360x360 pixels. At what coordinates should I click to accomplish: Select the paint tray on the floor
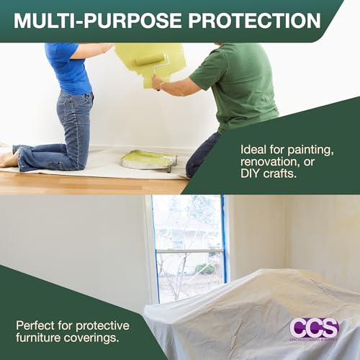click(148, 159)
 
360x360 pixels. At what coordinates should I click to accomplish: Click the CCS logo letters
click(313, 328)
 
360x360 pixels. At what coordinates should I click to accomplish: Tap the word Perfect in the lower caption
click(36, 324)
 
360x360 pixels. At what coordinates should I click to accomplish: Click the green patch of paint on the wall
click(144, 58)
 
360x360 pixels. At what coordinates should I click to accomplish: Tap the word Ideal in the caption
click(253, 149)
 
